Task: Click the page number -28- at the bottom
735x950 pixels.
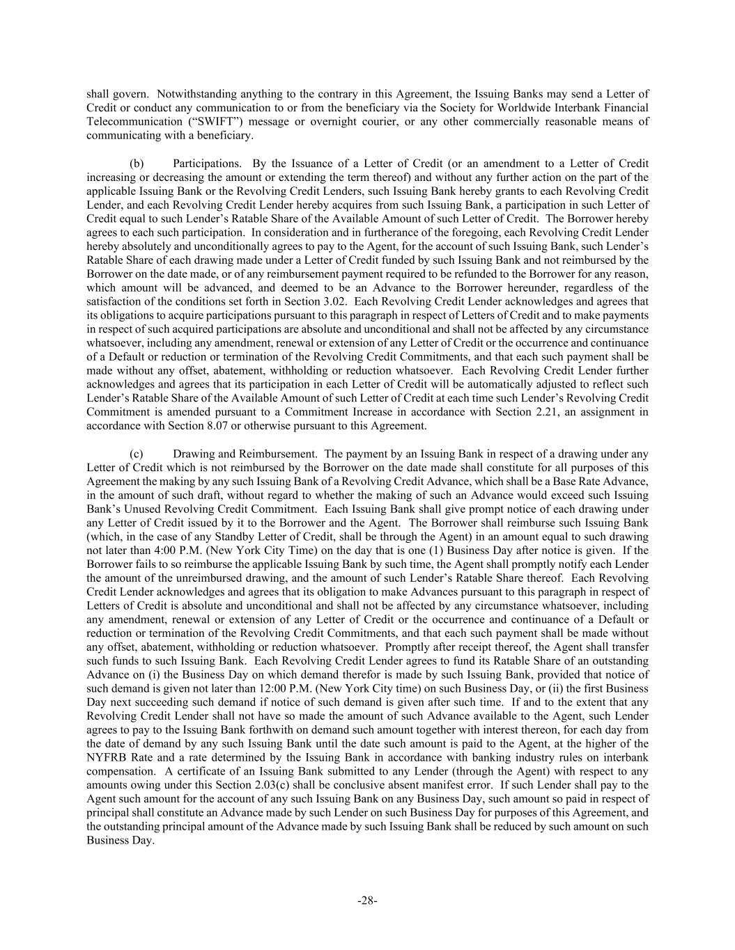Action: pyautogui.click(x=367, y=901)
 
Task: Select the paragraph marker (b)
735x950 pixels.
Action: pyautogui.click(x=137, y=164)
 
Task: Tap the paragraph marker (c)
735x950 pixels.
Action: pyautogui.click(x=137, y=454)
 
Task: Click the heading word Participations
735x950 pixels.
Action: pyautogui.click(x=207, y=164)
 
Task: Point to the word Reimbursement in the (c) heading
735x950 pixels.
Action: pyautogui.click(x=283, y=454)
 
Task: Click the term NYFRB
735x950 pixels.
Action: pyautogui.click(x=105, y=758)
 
